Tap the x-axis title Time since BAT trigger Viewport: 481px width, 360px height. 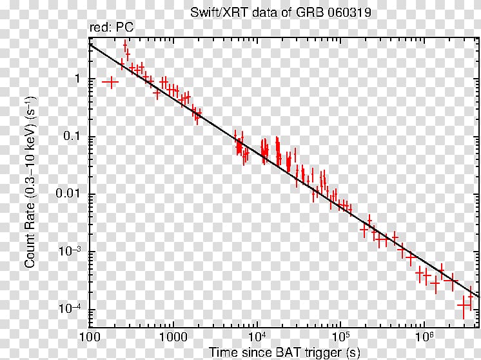click(285, 352)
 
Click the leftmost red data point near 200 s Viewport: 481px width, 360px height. click(112, 82)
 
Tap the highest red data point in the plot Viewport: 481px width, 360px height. click(125, 46)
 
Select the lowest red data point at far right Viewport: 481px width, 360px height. click(464, 305)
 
